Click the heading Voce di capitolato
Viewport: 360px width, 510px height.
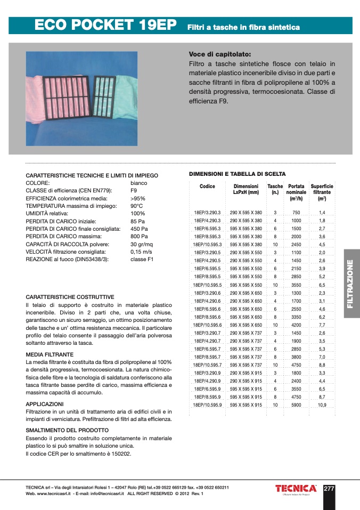coord(220,54)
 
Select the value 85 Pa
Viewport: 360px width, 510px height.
coord(138,221)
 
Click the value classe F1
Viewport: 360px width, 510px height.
coord(142,259)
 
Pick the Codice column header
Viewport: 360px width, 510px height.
coord(207,187)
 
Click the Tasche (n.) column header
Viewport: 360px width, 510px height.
coord(275,189)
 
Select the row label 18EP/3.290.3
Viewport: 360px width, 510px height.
coord(207,212)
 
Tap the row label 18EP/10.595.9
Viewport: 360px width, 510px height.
coord(207,405)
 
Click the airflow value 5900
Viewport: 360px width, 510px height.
coord(296,405)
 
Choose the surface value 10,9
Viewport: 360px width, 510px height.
coord(322,405)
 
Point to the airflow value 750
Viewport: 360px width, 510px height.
coord(296,212)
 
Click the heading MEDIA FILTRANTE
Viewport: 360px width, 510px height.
coord(50,354)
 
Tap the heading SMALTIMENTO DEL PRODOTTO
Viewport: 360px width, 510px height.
coord(67,430)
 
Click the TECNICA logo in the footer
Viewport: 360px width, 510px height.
coord(296,488)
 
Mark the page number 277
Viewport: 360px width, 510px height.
coord(329,488)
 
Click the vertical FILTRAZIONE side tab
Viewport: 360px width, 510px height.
coord(350,284)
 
